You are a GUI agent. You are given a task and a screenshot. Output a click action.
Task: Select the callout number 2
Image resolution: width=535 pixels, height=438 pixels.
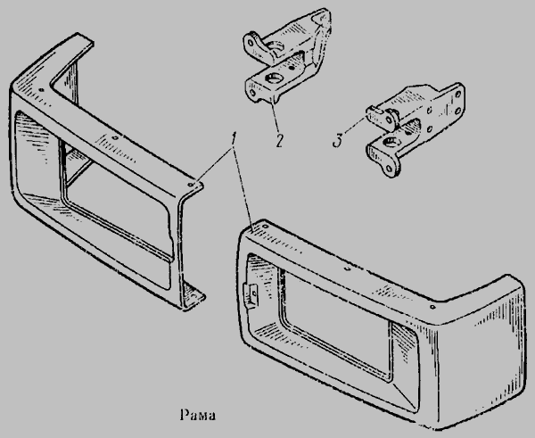pos(279,140)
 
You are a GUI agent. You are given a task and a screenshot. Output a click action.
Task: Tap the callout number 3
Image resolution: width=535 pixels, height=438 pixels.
pos(338,140)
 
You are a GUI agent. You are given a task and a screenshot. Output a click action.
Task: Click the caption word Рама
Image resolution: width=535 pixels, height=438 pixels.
pos(198,415)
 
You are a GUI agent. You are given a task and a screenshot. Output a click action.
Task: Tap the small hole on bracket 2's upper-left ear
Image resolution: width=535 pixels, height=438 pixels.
pos(251,43)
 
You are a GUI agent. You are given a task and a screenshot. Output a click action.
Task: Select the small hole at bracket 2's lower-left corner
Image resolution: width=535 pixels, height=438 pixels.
pos(252,93)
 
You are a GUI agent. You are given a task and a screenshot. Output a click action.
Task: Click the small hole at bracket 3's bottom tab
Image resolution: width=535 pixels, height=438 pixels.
pos(389,169)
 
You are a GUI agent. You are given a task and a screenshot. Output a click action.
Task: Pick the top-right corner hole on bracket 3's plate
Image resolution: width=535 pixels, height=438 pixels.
pos(457,95)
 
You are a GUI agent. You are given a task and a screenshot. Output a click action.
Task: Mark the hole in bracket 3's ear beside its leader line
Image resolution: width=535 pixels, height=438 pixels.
pos(388,120)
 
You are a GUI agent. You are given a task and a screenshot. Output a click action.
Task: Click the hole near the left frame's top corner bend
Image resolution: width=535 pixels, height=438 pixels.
pos(42,90)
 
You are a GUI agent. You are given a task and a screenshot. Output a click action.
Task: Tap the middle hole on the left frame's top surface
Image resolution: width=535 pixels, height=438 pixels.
pos(115,138)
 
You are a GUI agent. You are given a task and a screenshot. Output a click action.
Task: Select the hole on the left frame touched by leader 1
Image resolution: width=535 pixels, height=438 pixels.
pos(191,185)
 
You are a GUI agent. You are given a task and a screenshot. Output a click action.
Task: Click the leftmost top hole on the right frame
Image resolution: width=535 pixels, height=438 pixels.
pos(266,227)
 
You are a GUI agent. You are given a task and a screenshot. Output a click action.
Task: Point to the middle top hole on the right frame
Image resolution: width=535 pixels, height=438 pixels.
pos(348,269)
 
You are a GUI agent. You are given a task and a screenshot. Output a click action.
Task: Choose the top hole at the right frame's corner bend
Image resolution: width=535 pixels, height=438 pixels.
pos(432,307)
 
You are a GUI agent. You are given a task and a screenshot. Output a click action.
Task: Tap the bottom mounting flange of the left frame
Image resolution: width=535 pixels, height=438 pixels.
pos(193,295)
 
